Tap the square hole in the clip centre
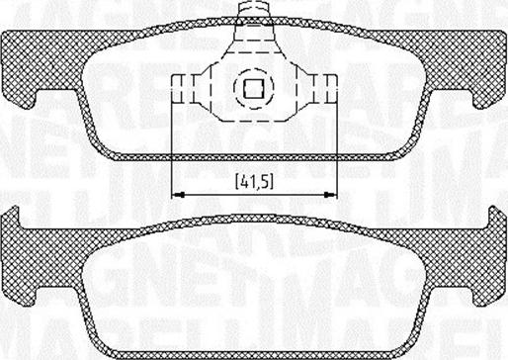point(252,88)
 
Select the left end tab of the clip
point(182,88)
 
